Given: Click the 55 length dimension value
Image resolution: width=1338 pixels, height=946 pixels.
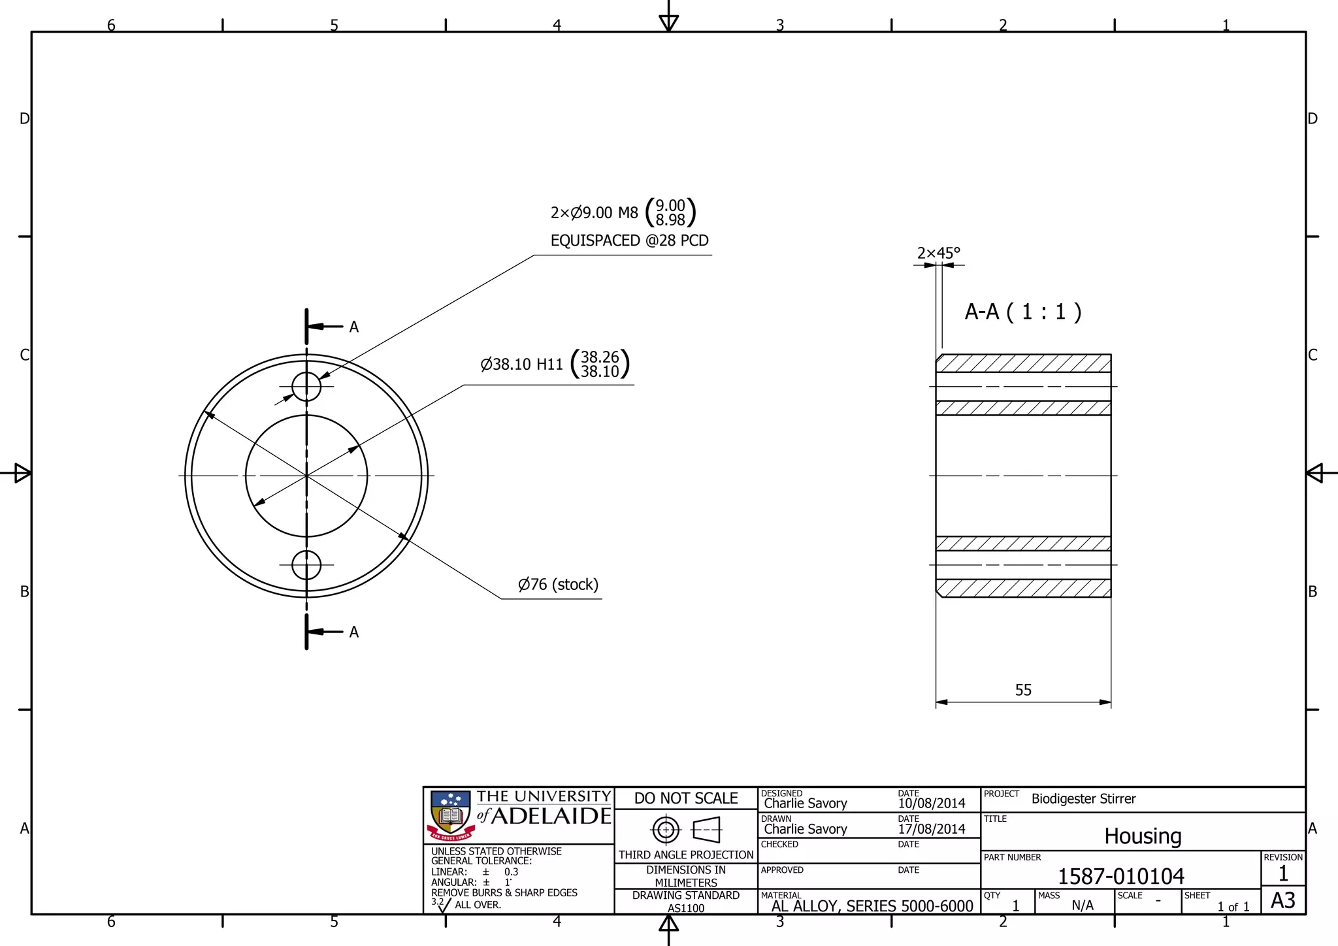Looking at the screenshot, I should [1023, 690].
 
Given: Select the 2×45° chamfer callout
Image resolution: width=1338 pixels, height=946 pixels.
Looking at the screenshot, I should [938, 253].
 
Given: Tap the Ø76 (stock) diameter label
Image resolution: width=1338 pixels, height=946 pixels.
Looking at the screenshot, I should [558, 584].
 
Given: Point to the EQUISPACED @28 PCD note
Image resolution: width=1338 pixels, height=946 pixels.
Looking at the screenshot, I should [629, 240].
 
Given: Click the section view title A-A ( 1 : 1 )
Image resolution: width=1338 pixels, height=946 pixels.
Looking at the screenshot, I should [1023, 312].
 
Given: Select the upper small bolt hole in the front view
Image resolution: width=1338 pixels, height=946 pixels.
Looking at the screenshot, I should [306, 386].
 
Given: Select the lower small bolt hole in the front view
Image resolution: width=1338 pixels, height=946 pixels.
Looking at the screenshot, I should [306, 565].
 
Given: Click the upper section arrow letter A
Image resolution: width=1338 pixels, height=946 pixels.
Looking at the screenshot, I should [353, 327].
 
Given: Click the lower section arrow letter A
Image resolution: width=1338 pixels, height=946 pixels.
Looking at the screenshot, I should [353, 632].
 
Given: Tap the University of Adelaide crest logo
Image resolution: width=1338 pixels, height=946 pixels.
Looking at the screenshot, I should [450, 815].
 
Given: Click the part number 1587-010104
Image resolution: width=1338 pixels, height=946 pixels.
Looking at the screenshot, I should [1120, 876].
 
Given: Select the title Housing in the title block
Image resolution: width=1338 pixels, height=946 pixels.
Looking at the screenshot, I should [1143, 836].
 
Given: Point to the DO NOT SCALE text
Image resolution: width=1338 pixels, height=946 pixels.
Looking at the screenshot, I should [685, 798].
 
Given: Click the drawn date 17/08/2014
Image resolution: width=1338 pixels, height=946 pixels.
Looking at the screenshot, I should [931, 829].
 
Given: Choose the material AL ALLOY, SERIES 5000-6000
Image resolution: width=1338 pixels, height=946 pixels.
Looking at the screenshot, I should [872, 906].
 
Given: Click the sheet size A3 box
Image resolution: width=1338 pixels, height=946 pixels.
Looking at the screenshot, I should [1282, 901].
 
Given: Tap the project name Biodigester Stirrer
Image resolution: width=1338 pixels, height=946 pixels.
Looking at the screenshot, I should [1083, 798].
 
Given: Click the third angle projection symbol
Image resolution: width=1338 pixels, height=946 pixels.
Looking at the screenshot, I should [685, 830].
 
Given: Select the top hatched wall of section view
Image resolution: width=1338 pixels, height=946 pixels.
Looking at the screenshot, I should [1023, 363].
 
